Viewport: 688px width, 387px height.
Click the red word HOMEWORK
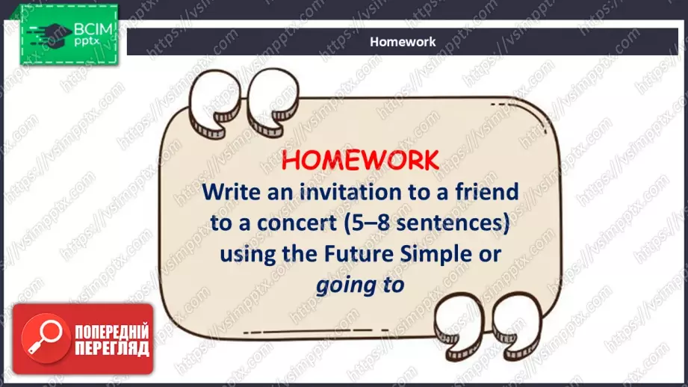tap(360, 160)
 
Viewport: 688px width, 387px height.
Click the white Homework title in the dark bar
tap(403, 42)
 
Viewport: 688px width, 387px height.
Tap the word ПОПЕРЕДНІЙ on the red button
tap(112, 332)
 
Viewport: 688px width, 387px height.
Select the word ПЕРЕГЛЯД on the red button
tap(112, 348)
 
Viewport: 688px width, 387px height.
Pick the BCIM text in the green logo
tap(93, 29)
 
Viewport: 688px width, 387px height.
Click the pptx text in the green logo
tap(87, 42)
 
